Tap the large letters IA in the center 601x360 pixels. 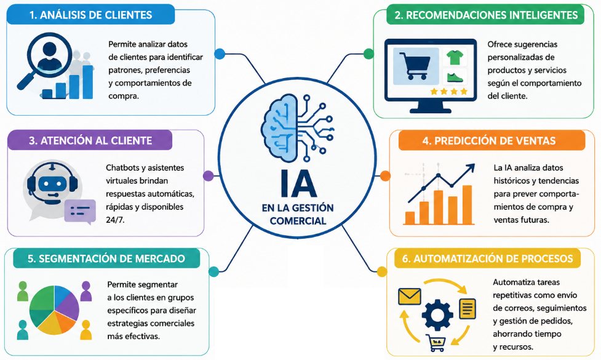(298, 183)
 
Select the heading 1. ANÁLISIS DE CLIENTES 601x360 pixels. (91, 15)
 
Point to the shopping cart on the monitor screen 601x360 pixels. (415, 66)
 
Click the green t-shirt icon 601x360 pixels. (455, 57)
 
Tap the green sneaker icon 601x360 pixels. (455, 78)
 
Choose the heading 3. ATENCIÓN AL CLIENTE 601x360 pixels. (90, 141)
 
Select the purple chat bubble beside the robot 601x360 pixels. (80, 211)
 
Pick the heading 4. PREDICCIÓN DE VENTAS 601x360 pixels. (489, 141)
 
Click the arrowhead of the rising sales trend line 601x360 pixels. (471, 168)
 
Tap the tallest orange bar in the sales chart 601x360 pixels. (468, 205)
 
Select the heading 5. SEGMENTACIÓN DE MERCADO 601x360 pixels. (106, 259)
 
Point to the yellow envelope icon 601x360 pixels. (409, 297)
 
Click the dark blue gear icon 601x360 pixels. (437, 315)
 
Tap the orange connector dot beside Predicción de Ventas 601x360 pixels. (385, 176)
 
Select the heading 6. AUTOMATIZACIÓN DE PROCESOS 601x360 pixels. (488, 259)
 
